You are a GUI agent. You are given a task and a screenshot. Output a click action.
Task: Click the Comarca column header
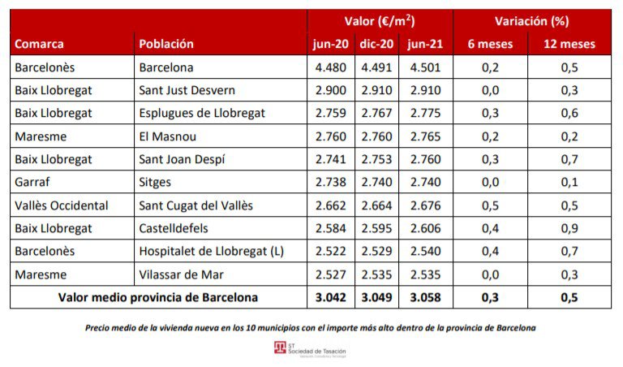click(39, 44)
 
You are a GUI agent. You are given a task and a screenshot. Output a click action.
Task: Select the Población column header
click(166, 44)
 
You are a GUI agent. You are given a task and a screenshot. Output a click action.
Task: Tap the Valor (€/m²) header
click(379, 21)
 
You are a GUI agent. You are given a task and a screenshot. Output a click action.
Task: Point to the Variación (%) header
click(531, 21)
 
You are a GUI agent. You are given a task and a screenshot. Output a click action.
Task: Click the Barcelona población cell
click(166, 67)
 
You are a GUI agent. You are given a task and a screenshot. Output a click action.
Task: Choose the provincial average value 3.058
click(426, 297)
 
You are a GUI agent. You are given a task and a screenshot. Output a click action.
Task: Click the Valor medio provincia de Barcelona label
click(158, 297)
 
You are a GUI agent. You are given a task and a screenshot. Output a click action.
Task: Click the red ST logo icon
click(281, 348)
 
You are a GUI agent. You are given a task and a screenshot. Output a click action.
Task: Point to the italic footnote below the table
click(311, 328)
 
